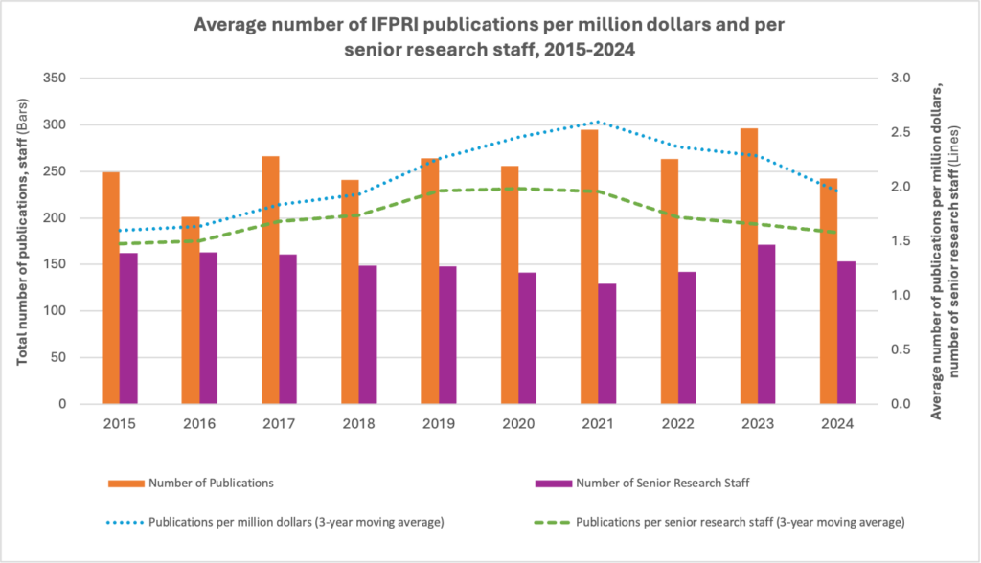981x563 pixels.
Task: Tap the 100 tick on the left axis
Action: (x=58, y=311)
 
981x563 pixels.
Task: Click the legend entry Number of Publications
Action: (x=212, y=483)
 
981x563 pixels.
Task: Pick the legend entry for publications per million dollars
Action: (x=278, y=522)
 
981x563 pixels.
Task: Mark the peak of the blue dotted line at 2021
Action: (x=598, y=122)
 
